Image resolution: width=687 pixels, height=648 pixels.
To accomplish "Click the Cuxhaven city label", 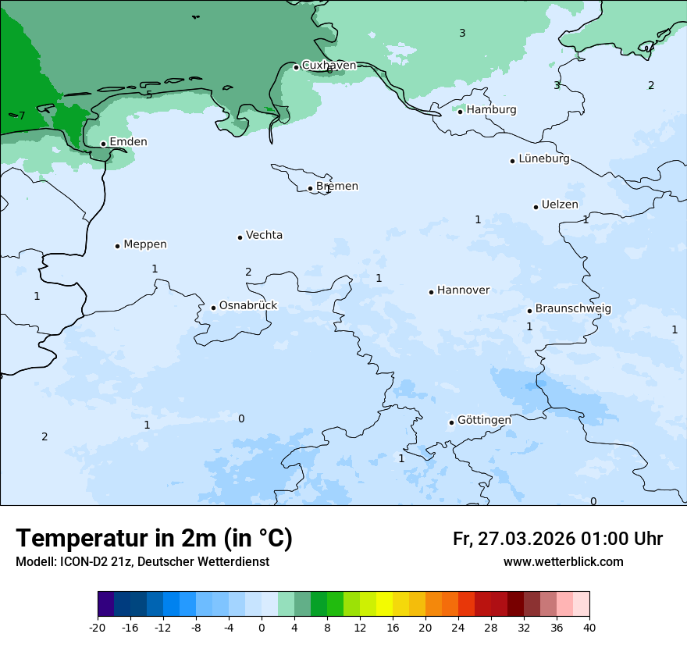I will [x=329, y=66].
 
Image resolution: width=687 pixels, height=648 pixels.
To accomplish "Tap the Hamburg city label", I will [x=491, y=110].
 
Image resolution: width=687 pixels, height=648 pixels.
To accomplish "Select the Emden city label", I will [x=128, y=142].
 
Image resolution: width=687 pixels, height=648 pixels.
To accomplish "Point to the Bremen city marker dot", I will [x=310, y=188].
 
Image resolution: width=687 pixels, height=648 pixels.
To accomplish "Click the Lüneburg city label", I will [x=543, y=159].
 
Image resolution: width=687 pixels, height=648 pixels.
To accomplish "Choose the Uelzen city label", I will [x=560, y=205].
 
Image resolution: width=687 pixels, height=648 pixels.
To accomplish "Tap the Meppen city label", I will [x=144, y=244].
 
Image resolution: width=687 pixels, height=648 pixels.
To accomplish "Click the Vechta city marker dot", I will [x=240, y=237].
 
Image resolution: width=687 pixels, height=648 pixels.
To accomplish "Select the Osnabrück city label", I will [x=247, y=306].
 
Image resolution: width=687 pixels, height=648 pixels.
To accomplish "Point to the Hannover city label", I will [x=463, y=290].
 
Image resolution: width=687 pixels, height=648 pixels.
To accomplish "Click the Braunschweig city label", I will [x=573, y=309].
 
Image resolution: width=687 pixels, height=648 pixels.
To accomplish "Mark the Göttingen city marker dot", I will [x=451, y=422].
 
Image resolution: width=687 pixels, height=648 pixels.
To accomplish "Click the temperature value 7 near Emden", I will [x=22, y=116].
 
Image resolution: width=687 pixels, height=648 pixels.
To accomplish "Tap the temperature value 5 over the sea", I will [x=149, y=95].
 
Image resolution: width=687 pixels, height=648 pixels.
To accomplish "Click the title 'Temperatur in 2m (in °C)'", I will [x=154, y=539].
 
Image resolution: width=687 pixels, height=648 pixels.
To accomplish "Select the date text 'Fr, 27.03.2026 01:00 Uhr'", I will [x=557, y=539].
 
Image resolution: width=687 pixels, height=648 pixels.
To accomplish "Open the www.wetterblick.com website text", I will [x=563, y=562].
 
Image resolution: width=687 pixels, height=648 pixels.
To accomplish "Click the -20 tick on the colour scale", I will [x=98, y=628].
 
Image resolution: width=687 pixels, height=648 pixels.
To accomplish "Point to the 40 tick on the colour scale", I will [x=589, y=628].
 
